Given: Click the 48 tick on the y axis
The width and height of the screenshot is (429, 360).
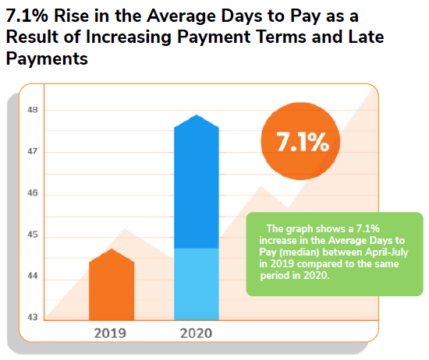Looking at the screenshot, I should point(33,110).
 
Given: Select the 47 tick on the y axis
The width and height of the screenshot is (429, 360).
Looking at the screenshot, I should point(33,152).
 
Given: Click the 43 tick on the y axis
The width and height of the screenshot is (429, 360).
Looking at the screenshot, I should point(33,317).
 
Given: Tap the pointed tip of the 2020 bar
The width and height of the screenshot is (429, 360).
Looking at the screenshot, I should point(197,116).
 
